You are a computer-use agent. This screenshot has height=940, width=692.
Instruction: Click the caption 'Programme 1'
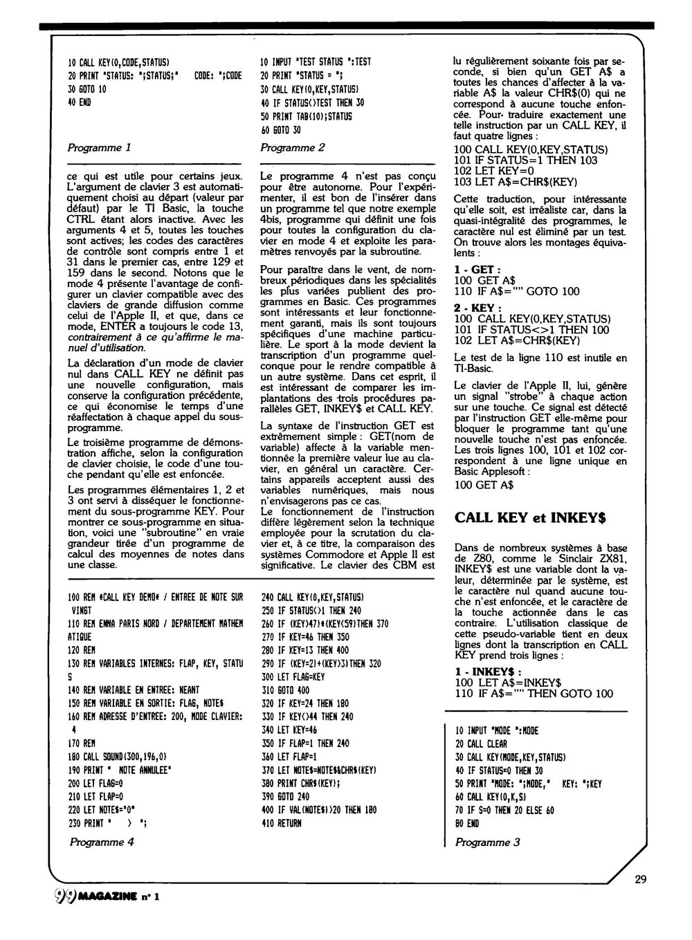click(x=98, y=147)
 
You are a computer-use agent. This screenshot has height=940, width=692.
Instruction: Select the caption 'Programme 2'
click(x=292, y=147)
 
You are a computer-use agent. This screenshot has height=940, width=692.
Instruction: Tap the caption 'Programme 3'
click(x=486, y=842)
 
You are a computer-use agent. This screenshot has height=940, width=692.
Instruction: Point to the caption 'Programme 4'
click(x=101, y=842)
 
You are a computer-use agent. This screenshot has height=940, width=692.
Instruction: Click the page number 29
click(x=639, y=880)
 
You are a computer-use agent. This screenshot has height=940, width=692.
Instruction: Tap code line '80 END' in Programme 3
click(x=467, y=823)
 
